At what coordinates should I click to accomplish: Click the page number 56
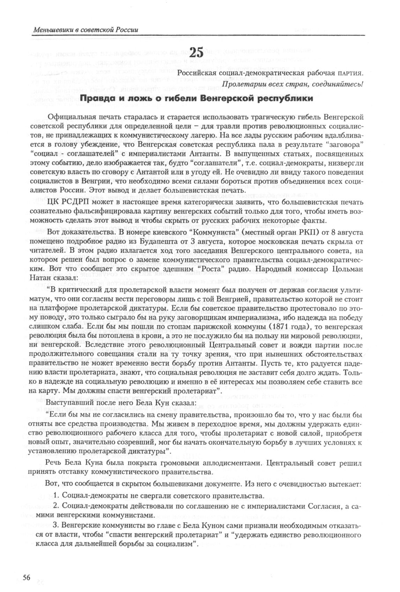pyautogui.click(x=27, y=577)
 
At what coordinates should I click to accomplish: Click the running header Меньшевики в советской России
pyautogui.click(x=86, y=30)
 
